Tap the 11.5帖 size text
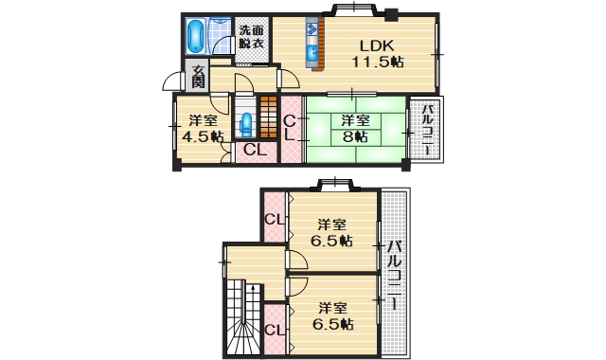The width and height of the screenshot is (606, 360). [x=380, y=63]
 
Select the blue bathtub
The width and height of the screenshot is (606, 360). [x=195, y=37]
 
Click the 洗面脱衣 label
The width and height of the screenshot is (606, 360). [x=252, y=36]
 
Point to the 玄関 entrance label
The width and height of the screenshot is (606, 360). [x=199, y=75]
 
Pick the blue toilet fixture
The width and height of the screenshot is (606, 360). [x=246, y=124]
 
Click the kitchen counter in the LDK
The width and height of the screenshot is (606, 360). [x=315, y=45]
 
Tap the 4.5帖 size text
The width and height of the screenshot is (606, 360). [x=203, y=136]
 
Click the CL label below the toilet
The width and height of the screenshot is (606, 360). [x=253, y=150]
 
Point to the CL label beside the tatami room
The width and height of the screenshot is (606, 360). [x=292, y=126]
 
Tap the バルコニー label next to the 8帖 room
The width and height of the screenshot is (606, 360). [x=427, y=130]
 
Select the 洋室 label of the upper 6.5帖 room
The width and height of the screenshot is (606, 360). [x=331, y=225]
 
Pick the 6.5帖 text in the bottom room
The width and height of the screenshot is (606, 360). [x=332, y=324]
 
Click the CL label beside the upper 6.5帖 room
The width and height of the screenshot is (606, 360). [x=274, y=221]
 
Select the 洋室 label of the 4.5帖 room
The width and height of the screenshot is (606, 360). [x=201, y=120]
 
